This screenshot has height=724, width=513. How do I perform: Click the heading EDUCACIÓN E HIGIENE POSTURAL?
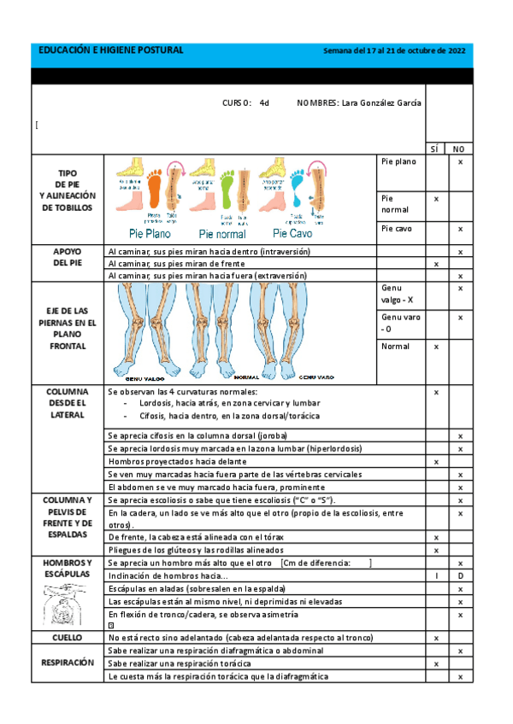tap(111, 51)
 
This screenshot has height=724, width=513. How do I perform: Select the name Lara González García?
tap(380, 103)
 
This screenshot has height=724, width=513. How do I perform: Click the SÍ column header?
tap(436, 148)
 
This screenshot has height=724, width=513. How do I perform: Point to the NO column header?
tap(460, 148)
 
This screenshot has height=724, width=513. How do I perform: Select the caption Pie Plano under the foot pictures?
tap(150, 233)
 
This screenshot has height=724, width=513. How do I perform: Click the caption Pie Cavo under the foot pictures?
tap(292, 233)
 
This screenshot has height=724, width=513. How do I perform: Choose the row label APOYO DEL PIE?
tap(68, 258)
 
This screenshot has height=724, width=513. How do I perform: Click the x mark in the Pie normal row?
tap(436, 198)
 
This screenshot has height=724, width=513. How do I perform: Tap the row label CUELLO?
tap(68, 638)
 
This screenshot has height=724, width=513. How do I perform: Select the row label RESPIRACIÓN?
tap(68, 663)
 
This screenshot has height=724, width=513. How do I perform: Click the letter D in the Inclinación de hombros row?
tap(460, 576)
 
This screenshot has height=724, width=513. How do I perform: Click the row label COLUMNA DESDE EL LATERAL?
tap(68, 403)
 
